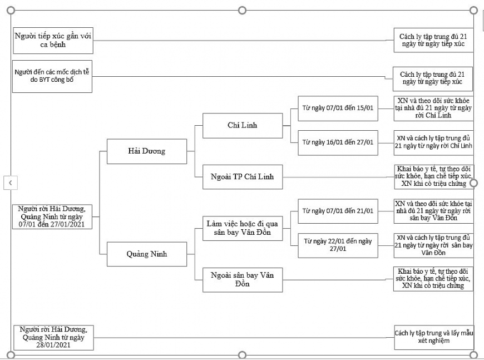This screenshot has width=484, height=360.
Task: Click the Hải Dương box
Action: coord(146,151)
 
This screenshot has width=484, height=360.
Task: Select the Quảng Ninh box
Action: coord(146,254)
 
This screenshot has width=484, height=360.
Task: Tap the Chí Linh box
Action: coord(242,125)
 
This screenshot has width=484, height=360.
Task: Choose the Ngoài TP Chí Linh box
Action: coord(242,177)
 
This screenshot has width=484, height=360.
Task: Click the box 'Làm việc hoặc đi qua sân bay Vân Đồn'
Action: coord(242,228)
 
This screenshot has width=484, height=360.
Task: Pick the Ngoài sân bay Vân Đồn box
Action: coord(242,279)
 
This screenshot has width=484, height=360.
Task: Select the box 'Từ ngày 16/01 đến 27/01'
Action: coord(338,142)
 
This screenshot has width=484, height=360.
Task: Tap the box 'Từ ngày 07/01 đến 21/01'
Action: coord(338,211)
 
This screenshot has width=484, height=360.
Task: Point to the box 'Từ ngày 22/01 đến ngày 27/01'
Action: coord(338,245)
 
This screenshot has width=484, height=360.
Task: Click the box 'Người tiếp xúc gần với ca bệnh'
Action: coord(53,40)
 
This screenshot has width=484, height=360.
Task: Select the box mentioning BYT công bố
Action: coord(53,76)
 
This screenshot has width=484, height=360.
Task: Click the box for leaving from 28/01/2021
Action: coord(53,337)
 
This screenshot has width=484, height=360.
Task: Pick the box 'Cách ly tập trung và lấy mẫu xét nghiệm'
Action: coord(433,336)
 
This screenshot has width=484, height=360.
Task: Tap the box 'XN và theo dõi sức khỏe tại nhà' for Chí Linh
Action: coord(433,108)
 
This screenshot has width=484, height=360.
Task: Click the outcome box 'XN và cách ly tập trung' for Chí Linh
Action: coord(433,142)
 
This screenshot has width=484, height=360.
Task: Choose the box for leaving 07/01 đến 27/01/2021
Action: coord(53,216)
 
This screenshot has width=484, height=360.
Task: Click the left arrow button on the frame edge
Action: coord(9,182)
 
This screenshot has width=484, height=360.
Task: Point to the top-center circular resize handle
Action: coord(241,10)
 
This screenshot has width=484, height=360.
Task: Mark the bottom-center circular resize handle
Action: coord(241,355)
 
